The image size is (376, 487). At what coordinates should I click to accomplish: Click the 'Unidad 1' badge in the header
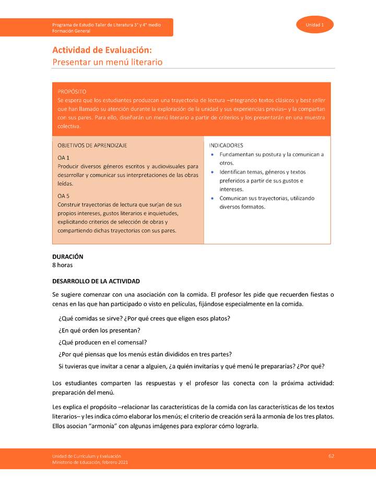[315, 25]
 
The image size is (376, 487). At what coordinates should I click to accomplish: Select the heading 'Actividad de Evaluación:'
[102, 50]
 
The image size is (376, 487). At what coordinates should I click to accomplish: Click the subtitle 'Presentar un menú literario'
[107, 62]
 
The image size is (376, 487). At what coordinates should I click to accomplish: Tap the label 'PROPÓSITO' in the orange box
[72, 91]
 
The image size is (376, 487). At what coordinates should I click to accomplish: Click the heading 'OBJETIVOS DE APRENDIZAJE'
[92, 145]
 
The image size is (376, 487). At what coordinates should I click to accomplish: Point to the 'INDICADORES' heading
[226, 145]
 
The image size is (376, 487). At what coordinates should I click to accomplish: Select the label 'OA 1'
[63, 157]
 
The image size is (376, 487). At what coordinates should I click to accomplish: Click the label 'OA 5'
[63, 195]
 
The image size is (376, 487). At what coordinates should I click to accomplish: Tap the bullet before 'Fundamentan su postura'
[211, 155]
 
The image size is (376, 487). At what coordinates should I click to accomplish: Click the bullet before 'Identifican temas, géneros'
[211, 172]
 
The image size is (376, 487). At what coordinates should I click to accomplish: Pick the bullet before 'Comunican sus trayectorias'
[211, 199]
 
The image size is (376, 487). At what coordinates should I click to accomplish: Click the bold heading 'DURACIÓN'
[67, 257]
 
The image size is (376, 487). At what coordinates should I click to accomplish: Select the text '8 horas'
[62, 265]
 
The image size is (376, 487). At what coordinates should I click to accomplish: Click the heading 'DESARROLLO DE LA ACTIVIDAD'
[96, 281]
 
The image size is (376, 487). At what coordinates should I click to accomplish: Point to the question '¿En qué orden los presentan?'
[99, 330]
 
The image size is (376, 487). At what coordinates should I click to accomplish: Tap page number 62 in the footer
[331, 456]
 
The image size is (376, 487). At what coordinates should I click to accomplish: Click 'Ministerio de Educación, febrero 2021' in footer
[89, 462]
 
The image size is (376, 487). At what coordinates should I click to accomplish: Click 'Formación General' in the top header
[71, 31]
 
